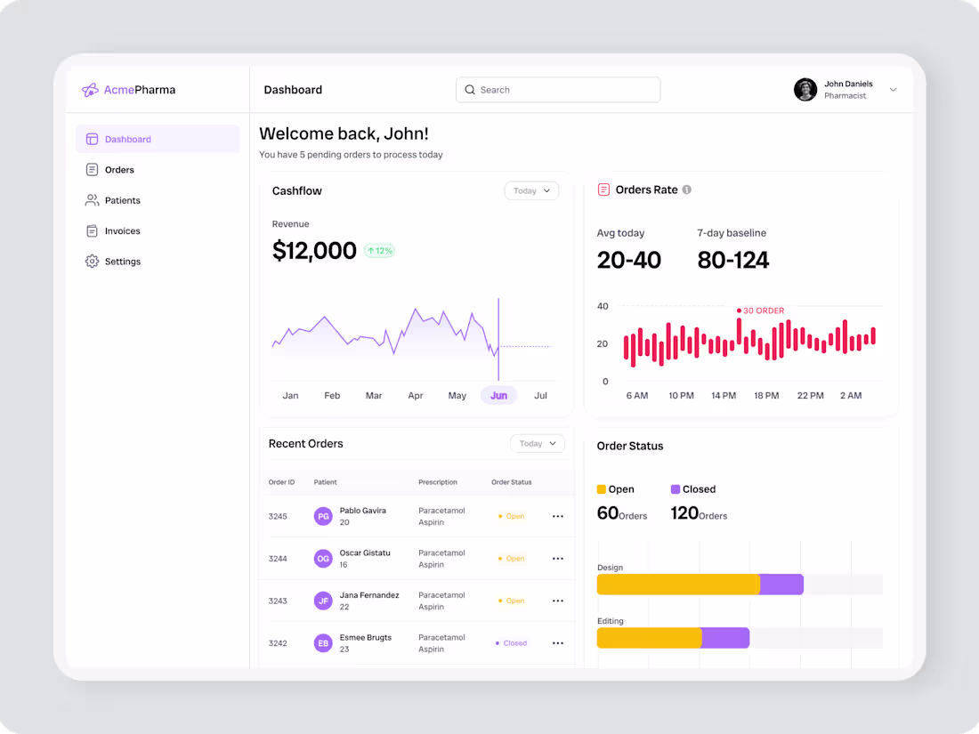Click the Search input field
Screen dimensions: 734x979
tap(558, 90)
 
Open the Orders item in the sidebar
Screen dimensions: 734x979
tap(118, 170)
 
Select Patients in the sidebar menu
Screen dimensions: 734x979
tap(122, 200)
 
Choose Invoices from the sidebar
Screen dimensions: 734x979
tap(122, 231)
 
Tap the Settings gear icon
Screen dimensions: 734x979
tap(92, 262)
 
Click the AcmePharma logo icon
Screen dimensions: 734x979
tap(90, 90)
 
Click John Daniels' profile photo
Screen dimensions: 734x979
tap(805, 90)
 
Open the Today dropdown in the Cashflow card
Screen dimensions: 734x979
tap(531, 190)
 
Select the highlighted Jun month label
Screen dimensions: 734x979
tap(498, 395)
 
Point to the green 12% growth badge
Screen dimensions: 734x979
tap(379, 251)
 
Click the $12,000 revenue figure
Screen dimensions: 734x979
tap(314, 251)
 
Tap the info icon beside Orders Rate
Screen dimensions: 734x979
tap(686, 190)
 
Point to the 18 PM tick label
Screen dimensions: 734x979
tap(766, 395)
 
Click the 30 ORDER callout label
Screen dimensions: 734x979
tap(763, 311)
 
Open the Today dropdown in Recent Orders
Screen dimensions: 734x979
tap(538, 443)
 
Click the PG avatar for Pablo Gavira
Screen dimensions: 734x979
tap(323, 516)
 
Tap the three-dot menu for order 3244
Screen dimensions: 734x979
tap(558, 559)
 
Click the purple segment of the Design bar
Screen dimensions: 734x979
tap(781, 585)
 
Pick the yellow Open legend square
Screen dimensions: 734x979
tap(602, 489)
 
